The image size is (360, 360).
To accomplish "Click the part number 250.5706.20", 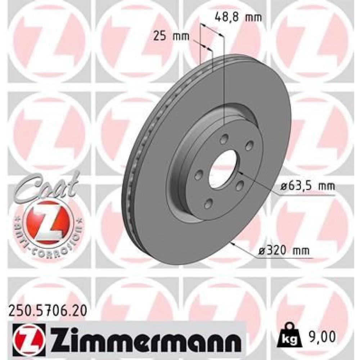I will pos(46,309).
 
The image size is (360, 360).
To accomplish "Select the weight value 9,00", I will pos(323,337).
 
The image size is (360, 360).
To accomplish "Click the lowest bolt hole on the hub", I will pos(208,204).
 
